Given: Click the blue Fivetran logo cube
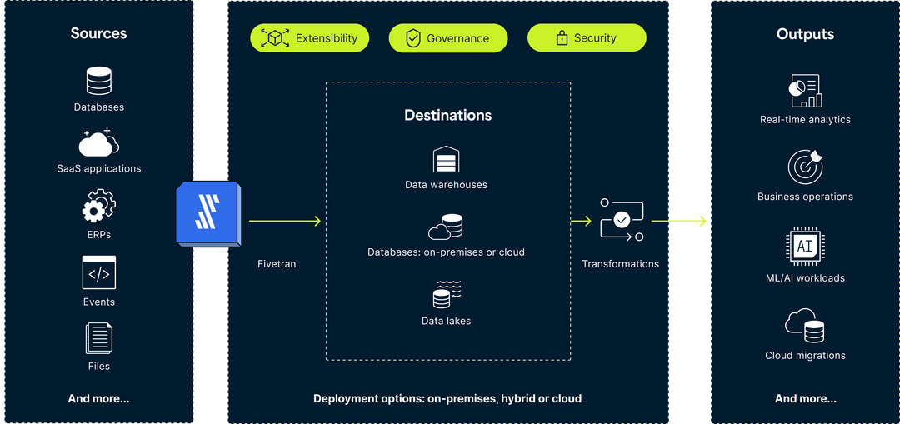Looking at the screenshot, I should click(207, 213).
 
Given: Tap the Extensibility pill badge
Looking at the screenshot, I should click(310, 38).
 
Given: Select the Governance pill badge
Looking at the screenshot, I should click(447, 38).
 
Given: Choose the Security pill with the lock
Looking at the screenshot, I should click(587, 38).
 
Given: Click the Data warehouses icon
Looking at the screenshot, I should click(446, 159).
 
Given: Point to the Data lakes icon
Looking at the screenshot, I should click(447, 295).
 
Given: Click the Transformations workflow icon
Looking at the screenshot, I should click(622, 220).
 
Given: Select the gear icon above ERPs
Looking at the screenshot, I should click(98, 206).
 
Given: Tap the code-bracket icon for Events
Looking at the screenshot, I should click(98, 272).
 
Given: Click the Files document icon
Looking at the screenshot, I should click(98, 338).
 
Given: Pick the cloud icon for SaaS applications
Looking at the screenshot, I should click(98, 143).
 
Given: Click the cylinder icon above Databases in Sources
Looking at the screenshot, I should click(98, 82).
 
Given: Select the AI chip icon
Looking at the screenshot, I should click(805, 247).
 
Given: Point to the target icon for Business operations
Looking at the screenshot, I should click(805, 167).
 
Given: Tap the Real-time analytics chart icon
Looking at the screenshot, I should click(805, 90).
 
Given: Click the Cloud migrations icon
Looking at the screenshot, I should click(805, 325).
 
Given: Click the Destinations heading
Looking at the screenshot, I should click(447, 115).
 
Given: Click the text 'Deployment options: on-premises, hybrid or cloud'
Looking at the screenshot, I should click(447, 398).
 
